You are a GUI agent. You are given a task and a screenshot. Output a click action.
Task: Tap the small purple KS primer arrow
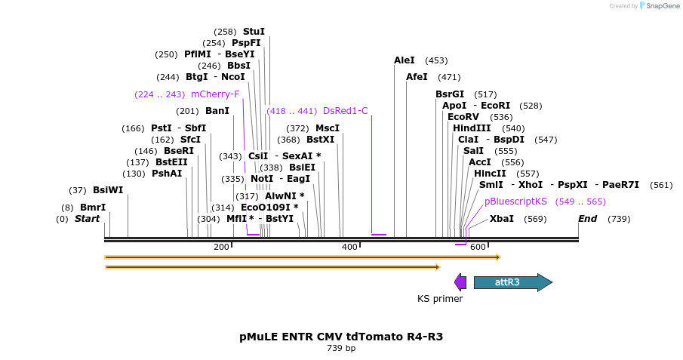point(460,282)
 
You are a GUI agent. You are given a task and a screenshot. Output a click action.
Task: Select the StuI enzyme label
point(254,32)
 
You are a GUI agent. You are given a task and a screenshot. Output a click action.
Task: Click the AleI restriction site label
point(405,60)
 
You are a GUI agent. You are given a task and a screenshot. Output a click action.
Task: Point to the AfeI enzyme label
point(417,77)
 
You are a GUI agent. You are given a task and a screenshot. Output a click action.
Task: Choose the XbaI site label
point(502,219)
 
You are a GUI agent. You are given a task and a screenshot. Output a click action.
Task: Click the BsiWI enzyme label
point(108,190)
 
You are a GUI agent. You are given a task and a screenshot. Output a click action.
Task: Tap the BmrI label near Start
point(93,207)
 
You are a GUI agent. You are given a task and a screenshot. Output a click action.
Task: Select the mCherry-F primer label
point(215,94)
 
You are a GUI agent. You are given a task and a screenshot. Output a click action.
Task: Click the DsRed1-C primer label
point(346,111)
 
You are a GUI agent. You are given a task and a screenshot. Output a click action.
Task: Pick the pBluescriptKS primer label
point(515,202)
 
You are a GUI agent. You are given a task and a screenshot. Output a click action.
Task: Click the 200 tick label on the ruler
point(221,248)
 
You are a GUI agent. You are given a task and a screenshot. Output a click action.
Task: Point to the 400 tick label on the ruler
point(349,248)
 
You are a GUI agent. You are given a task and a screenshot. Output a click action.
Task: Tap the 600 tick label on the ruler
point(478,248)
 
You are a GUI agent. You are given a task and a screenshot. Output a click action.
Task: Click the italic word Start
point(87,219)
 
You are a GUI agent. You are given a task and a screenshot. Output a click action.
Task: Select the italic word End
point(588,219)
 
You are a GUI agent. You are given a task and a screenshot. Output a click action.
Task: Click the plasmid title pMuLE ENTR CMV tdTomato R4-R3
point(341,337)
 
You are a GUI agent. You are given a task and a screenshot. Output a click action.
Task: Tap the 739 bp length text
point(341,349)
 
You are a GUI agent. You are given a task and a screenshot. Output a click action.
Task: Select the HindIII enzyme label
point(472,128)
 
